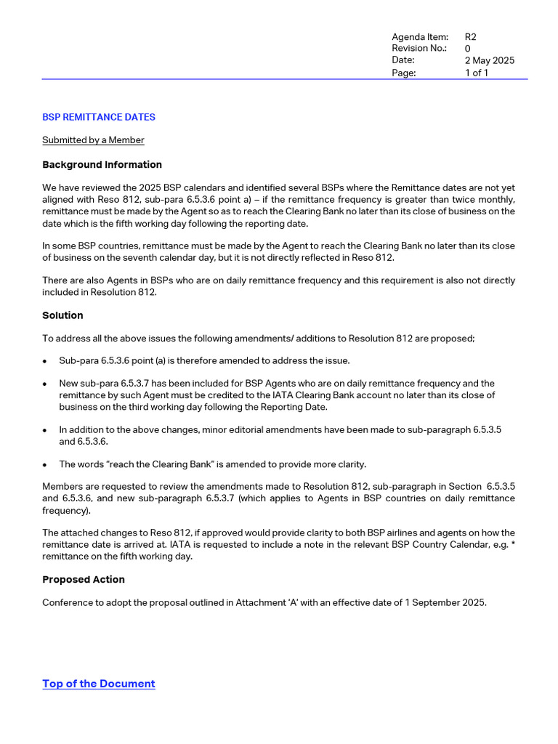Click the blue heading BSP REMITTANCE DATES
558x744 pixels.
click(x=99, y=117)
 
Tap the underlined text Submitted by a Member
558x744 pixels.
click(x=93, y=140)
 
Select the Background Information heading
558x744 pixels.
click(x=102, y=165)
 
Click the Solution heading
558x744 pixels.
click(x=62, y=315)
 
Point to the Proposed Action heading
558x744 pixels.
click(x=84, y=580)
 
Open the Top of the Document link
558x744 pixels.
click(x=99, y=684)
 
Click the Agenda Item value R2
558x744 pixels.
click(x=471, y=37)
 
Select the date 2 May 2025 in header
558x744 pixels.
click(x=489, y=60)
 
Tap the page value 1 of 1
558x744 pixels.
click(x=477, y=73)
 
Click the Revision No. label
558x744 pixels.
click(x=419, y=49)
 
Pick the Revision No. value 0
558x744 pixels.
click(x=468, y=49)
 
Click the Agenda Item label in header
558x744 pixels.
click(x=420, y=37)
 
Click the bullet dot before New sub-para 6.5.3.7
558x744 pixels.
click(x=45, y=384)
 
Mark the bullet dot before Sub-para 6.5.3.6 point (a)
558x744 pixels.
click(x=45, y=361)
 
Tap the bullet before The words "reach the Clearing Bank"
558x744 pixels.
click(x=45, y=465)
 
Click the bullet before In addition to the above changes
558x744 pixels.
click(x=45, y=430)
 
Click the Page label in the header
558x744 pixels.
click(x=403, y=73)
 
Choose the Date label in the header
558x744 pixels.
click(x=403, y=60)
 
